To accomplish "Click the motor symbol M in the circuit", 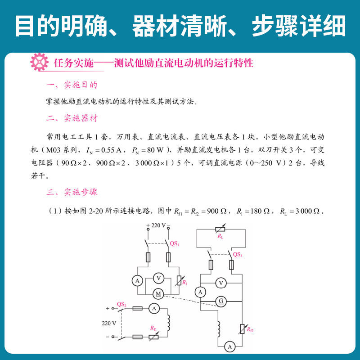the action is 158,293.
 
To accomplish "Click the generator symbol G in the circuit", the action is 220,300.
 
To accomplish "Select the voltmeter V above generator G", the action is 220,283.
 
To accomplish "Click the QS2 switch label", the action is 121,304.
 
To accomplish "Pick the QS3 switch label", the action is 238,254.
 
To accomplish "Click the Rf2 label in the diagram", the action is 250,330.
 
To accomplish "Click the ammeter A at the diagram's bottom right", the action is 229,346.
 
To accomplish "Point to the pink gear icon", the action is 39,62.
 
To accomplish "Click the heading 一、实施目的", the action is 72,85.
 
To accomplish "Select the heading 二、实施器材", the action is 72,118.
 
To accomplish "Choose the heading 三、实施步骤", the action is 72,192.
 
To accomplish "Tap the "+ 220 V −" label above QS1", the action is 158,225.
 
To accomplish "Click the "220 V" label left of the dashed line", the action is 108,323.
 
